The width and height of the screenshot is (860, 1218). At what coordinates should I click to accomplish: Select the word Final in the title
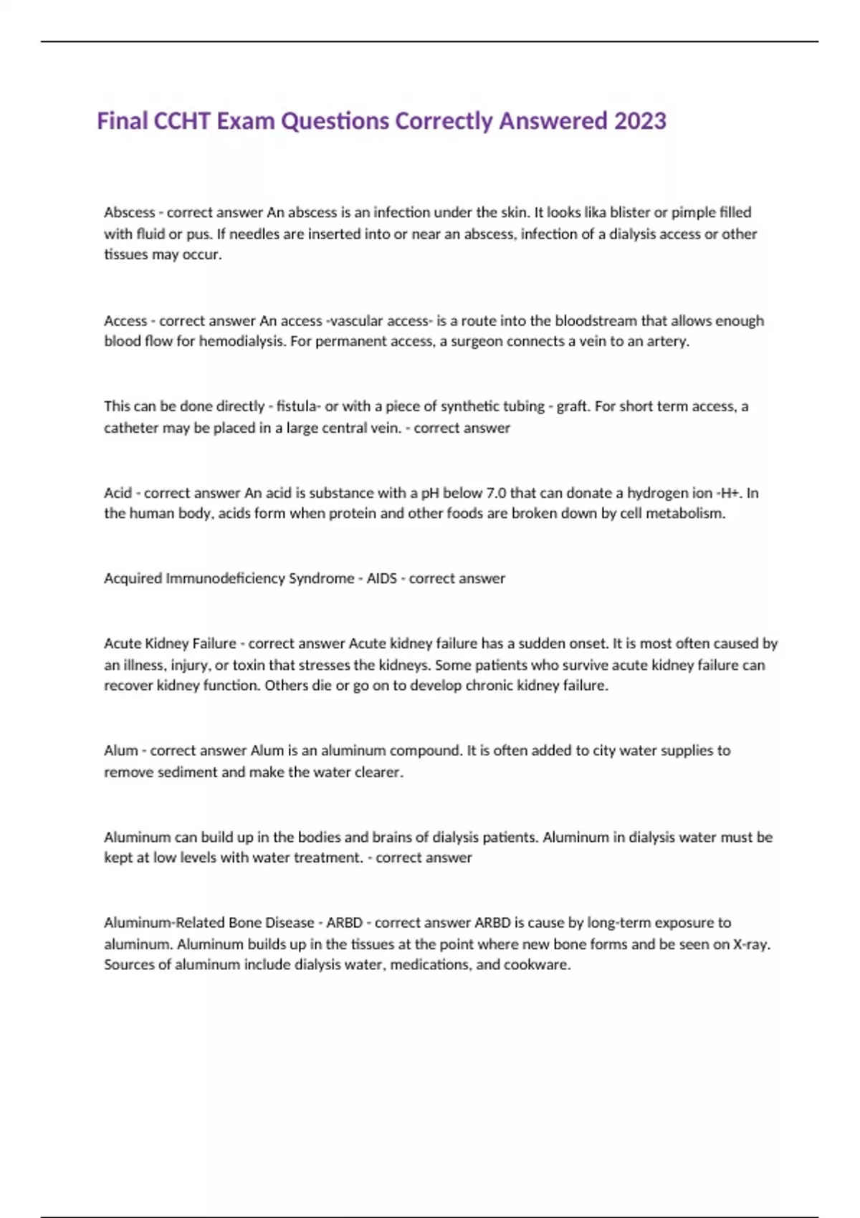coord(123,120)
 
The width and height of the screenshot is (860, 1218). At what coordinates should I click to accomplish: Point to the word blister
coord(630,212)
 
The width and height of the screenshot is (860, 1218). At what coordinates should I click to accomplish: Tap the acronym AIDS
coord(381,578)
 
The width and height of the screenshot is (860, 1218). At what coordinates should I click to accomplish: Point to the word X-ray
coord(751,944)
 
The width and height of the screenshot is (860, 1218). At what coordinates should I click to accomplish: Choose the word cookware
coord(537,964)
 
